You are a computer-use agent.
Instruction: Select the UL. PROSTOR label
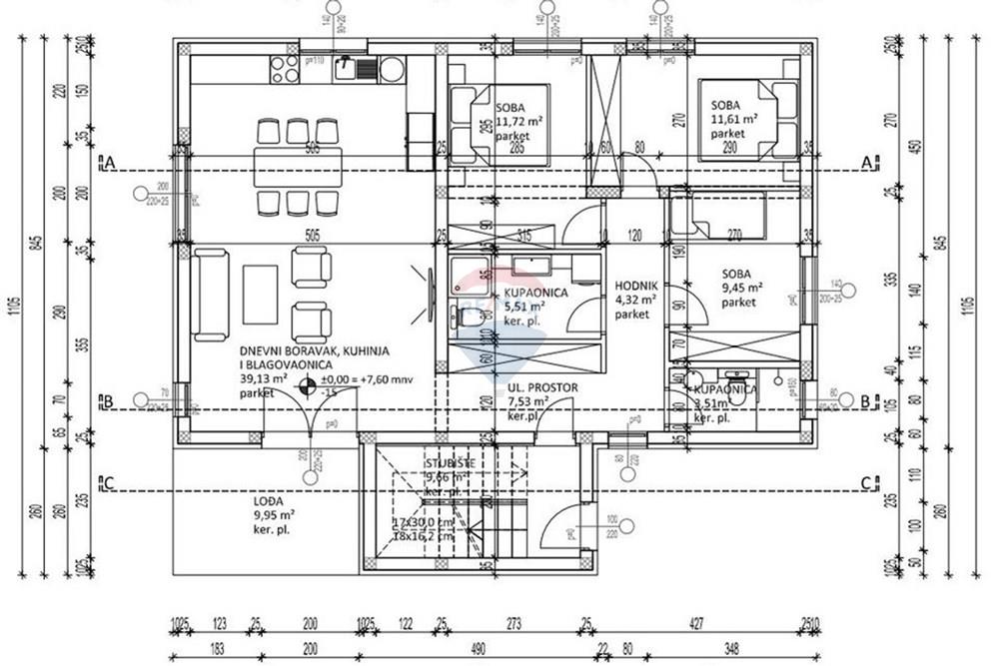pos(543,388)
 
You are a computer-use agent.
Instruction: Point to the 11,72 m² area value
pos(519,120)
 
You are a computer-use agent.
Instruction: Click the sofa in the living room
pos(211,295)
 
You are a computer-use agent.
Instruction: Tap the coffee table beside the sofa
pos(260,294)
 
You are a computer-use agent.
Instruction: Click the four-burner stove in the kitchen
pos(283,68)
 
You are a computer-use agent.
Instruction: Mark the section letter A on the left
pos(109,162)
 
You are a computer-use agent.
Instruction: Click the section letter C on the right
pos(865,483)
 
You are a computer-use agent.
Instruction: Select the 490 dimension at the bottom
pos(478,647)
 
